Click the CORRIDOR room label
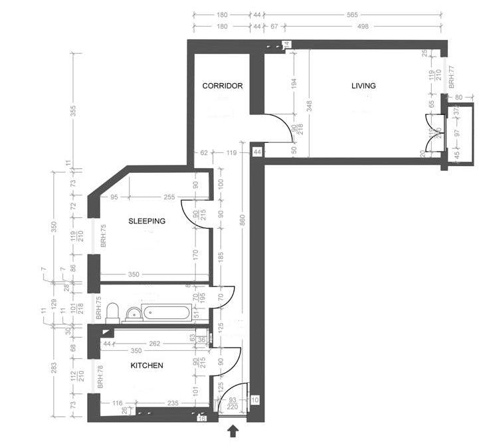click(x=222, y=86)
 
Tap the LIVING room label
click(x=363, y=86)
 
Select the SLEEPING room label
click(x=147, y=221)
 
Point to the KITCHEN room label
click(x=146, y=366)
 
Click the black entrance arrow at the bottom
click(x=233, y=433)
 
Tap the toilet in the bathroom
click(x=113, y=312)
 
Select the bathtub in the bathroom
click(x=167, y=312)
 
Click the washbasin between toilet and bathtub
click(x=134, y=313)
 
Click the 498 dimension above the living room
click(x=363, y=27)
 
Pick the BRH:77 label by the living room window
click(x=451, y=76)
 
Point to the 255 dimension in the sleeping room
click(x=169, y=197)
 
